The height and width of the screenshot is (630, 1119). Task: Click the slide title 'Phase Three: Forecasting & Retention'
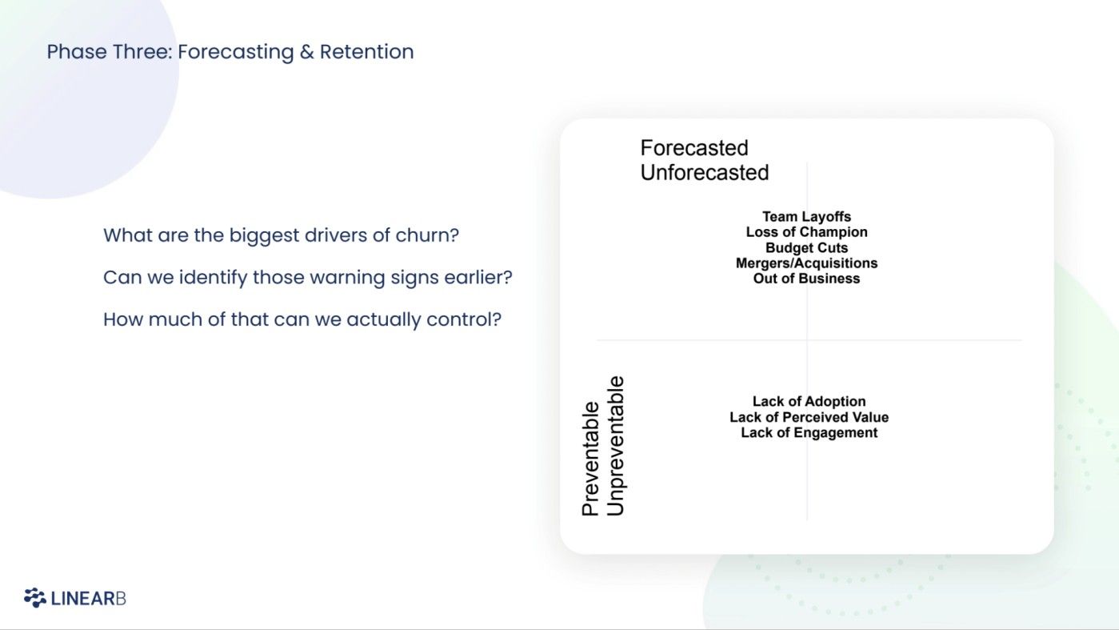tap(230, 52)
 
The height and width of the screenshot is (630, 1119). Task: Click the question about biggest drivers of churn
tap(281, 236)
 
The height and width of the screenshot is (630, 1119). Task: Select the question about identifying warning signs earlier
tap(307, 278)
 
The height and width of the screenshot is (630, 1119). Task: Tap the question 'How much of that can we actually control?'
tap(302, 319)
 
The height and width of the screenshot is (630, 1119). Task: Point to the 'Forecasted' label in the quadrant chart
tap(693, 148)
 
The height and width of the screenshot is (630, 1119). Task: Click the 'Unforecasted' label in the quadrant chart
tap(704, 172)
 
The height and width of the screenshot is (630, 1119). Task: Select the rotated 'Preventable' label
tap(590, 458)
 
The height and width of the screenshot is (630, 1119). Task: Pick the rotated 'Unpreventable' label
tap(615, 446)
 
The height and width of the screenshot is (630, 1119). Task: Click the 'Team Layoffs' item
tap(806, 217)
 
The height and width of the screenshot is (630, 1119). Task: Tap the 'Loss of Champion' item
tap(806, 232)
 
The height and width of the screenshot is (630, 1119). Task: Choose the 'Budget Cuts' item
tap(806, 248)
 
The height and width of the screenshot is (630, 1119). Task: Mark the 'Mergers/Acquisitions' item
tap(806, 263)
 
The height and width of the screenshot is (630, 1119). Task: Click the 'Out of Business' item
tap(806, 279)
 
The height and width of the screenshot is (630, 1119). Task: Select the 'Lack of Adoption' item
tap(809, 402)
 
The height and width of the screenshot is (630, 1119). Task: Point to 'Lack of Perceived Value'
tap(809, 417)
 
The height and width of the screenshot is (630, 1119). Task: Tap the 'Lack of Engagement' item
tap(809, 433)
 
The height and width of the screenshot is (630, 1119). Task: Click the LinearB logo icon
tap(34, 598)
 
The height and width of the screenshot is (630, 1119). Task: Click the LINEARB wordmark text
tap(88, 599)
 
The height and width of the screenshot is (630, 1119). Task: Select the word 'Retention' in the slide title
tap(366, 52)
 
